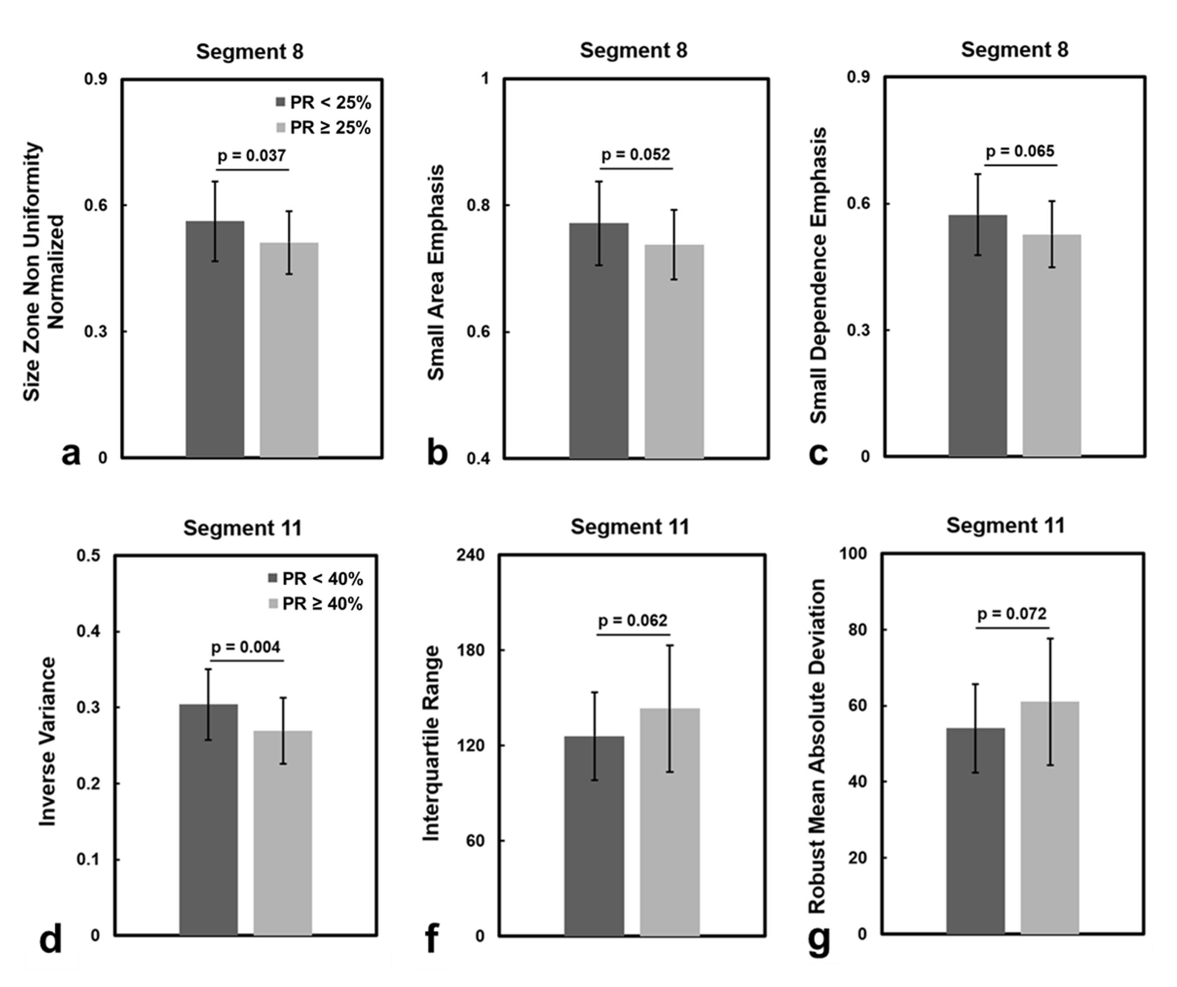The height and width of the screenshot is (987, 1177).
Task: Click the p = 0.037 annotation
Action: tap(252, 155)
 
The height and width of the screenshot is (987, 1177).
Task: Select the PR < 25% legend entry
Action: tap(323, 102)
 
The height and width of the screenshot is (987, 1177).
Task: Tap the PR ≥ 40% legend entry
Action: tap(315, 603)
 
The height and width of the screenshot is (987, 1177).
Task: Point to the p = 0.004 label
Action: tap(245, 647)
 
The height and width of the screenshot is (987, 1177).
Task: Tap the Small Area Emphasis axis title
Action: tap(436, 272)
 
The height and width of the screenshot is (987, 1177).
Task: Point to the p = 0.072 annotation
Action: tap(1012, 614)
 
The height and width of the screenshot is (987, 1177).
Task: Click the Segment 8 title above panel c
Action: tap(1014, 50)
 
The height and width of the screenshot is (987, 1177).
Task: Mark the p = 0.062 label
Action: tap(633, 621)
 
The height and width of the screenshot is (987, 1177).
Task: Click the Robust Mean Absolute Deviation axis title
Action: tap(818, 746)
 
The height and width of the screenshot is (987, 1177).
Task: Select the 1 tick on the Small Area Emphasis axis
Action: tap(485, 79)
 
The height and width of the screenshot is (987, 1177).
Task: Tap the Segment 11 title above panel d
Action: tap(243, 528)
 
